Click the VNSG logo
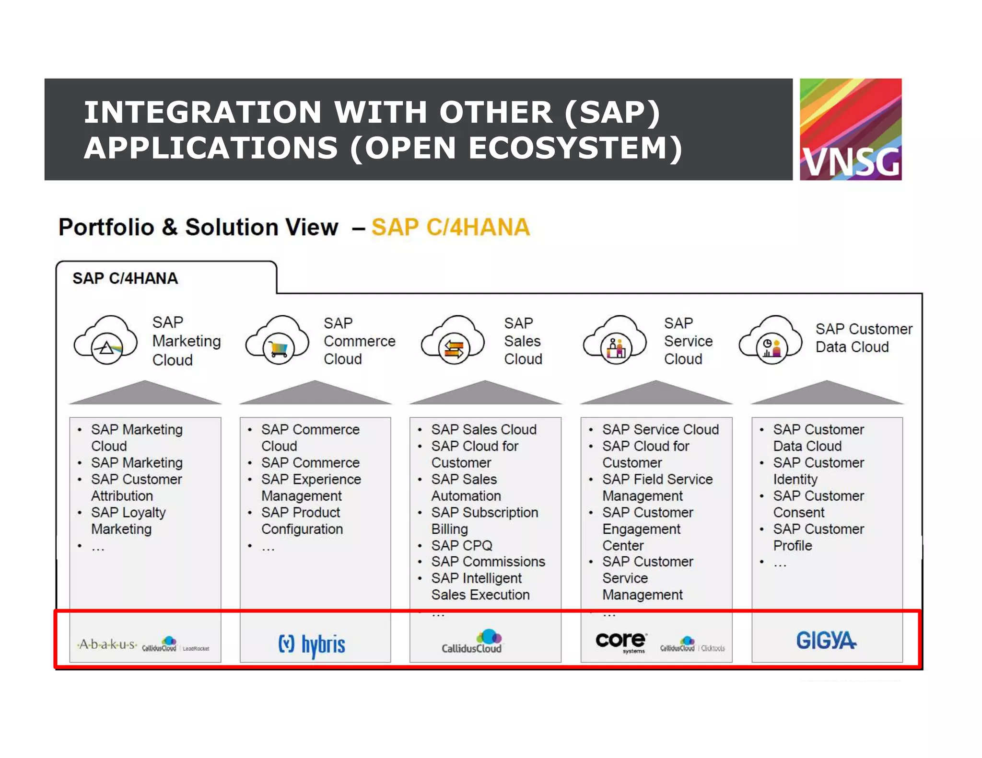click(x=850, y=129)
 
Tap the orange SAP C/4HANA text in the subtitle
click(x=450, y=227)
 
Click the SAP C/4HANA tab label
click(x=125, y=278)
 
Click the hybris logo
click(x=312, y=644)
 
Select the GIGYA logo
click(x=826, y=641)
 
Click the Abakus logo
click(x=107, y=644)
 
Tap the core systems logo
click(x=621, y=641)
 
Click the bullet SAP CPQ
click(x=461, y=545)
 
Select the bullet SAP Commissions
click(x=488, y=562)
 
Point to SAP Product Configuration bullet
click(x=302, y=520)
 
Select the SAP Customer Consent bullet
click(x=818, y=504)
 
